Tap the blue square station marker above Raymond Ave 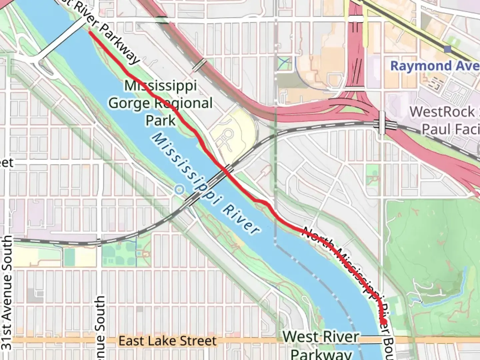448,49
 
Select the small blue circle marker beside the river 179,190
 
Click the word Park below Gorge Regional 160,120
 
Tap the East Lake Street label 167,341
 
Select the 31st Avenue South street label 7,293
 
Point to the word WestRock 442,112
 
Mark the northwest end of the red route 90,32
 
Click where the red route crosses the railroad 226,170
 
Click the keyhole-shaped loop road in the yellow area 228,135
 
